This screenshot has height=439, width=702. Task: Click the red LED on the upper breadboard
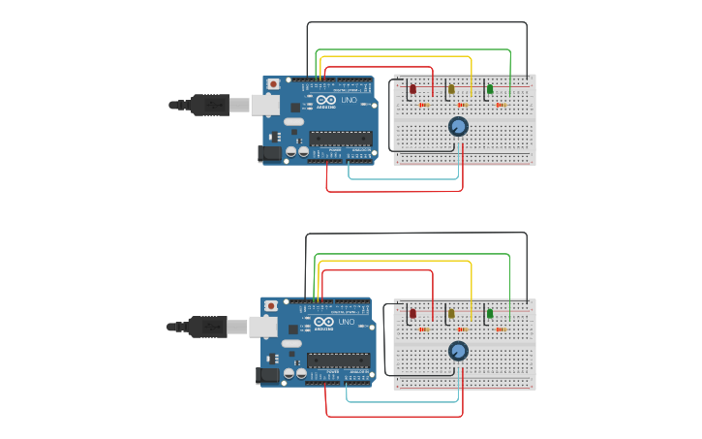pos(412,90)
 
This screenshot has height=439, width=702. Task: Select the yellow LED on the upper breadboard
pos(451,90)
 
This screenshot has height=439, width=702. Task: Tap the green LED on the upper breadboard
pos(490,90)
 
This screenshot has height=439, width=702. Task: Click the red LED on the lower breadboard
pos(412,314)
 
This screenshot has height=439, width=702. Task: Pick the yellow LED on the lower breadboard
pos(450,314)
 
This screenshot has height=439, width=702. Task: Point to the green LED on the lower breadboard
pos(490,314)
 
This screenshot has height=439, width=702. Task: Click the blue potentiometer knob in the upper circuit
pos(458,127)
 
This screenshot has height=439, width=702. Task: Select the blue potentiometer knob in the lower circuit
pos(458,351)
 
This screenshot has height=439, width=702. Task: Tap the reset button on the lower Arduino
pos(271,307)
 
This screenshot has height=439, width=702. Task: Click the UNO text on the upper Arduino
pos(349,100)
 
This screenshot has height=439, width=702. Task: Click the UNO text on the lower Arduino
pos(347,322)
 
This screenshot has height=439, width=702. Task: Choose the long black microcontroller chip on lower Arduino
pos(338,360)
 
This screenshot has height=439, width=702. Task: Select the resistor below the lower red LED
pos(423,329)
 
